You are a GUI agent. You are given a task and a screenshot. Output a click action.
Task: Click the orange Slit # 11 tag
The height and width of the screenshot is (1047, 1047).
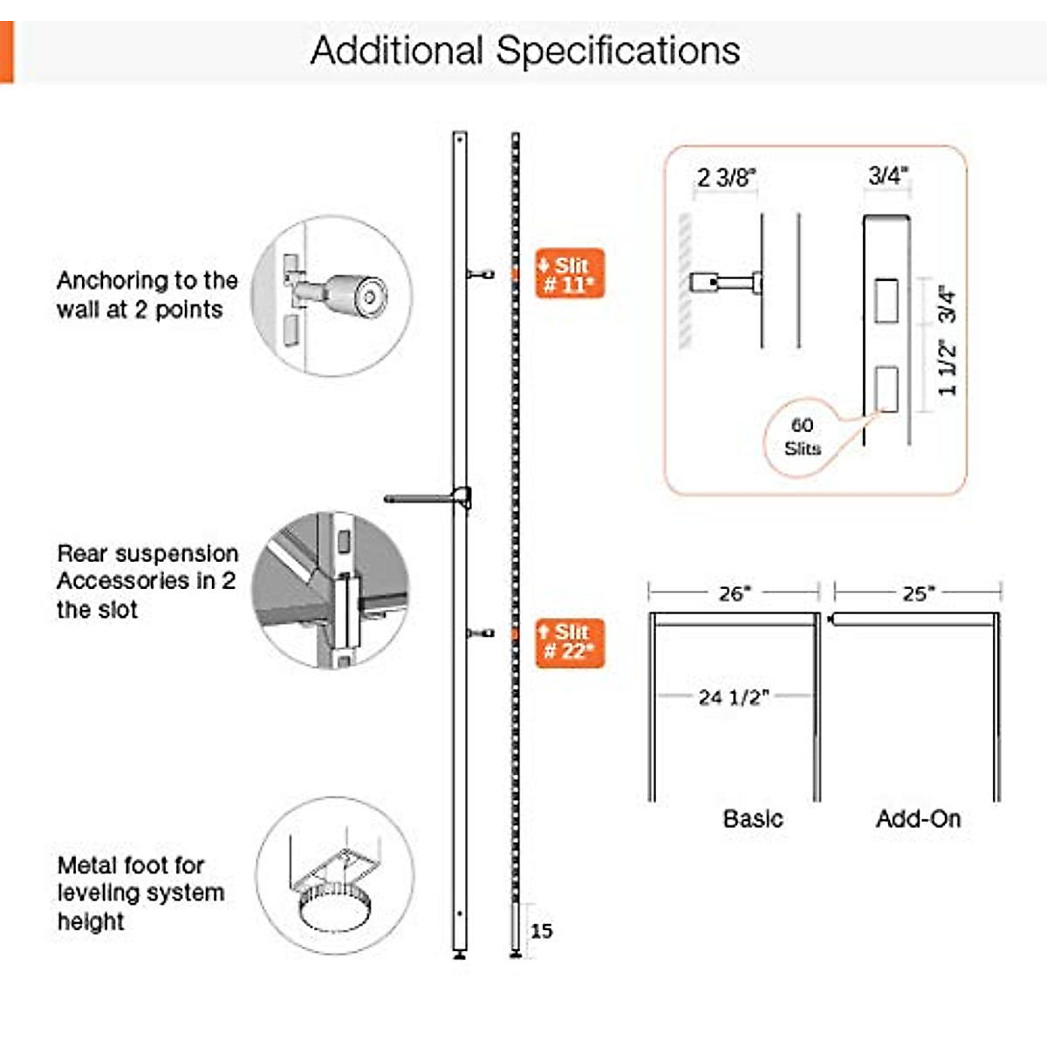[x=569, y=274]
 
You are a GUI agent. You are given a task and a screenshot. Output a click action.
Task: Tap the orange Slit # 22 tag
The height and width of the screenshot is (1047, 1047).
[x=569, y=642]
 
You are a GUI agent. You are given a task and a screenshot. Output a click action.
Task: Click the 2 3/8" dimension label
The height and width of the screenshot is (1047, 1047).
[x=726, y=178]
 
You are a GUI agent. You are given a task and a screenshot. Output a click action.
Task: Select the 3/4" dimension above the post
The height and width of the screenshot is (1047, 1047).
[x=888, y=175]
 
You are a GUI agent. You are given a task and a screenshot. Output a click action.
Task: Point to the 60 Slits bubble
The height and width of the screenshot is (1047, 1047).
[x=802, y=437]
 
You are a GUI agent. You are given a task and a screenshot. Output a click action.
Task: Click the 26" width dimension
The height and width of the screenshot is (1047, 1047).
[x=734, y=593]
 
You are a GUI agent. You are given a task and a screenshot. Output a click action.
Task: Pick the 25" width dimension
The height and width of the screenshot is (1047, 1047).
[x=918, y=593]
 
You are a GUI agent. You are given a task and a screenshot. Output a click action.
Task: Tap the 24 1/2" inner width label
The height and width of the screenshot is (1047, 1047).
[x=733, y=697]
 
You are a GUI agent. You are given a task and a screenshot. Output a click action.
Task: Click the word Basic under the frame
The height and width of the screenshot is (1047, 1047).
[x=753, y=818]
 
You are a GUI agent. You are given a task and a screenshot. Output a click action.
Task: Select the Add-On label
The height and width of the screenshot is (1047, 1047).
[x=918, y=818]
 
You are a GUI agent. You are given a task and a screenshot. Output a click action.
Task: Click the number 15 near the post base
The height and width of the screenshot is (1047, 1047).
[x=541, y=930]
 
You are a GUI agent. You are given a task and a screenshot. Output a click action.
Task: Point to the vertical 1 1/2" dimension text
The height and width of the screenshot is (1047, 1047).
[x=948, y=368]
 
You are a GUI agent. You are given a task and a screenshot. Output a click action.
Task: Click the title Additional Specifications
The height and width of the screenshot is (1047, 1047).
[x=525, y=51]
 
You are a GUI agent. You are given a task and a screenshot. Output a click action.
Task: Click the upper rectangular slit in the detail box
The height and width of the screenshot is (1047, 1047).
[x=886, y=301]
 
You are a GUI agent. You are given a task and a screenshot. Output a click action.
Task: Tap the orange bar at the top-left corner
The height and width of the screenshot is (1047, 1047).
[x=6, y=52]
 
